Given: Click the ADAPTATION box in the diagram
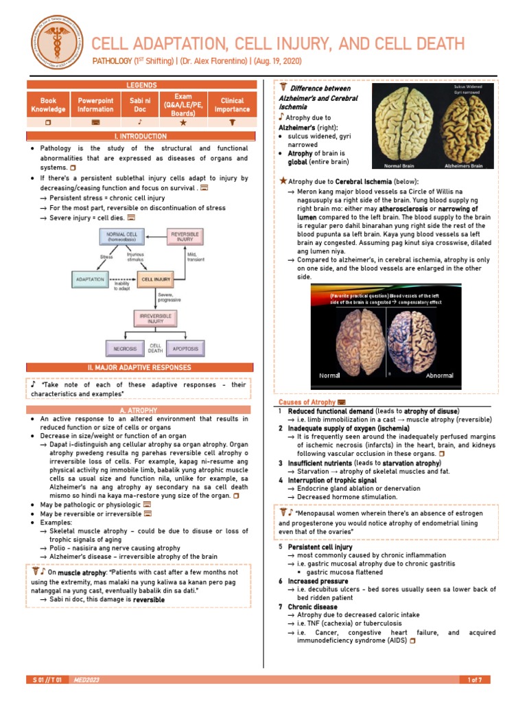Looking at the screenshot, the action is [x=90, y=279].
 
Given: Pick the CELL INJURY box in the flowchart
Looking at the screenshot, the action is [x=156, y=279].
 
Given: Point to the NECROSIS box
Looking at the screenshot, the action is [x=125, y=349].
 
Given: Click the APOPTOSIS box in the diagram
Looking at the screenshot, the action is [x=185, y=349].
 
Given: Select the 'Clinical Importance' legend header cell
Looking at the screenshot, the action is [x=232, y=104].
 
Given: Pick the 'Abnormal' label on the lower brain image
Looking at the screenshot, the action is [x=440, y=376].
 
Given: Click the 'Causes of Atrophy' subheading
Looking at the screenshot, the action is [x=307, y=402].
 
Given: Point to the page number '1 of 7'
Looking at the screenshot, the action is [x=475, y=680].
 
